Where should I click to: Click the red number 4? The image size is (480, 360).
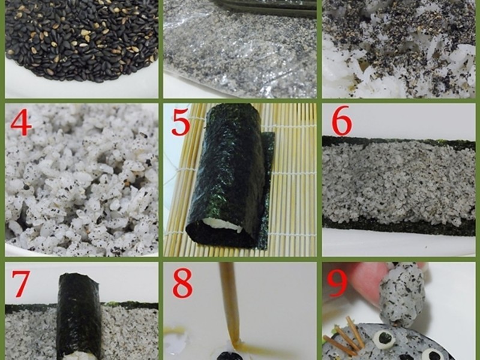click(x=21, y=122)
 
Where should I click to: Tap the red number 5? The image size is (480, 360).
click(x=181, y=122)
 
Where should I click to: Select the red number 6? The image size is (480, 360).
click(x=342, y=121)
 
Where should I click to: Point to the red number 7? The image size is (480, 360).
click(x=21, y=284)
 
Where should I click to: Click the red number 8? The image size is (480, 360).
click(x=182, y=283)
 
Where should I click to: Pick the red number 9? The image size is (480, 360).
click(x=337, y=283)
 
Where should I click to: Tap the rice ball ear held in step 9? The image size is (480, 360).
click(x=401, y=294)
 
